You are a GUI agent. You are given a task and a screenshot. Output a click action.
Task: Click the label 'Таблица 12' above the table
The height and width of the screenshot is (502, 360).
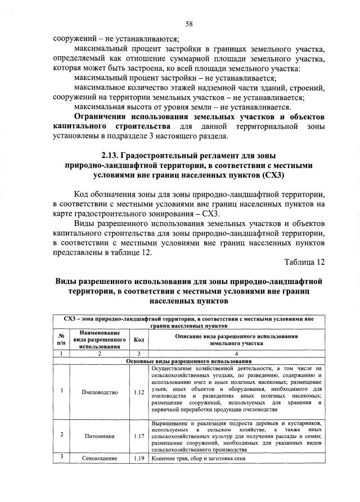tap(304, 262)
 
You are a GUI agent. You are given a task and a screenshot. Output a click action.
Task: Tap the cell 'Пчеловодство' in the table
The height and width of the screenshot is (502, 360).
tap(100, 391)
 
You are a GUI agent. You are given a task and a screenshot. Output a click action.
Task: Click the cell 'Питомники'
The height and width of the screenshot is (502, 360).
tap(100, 435)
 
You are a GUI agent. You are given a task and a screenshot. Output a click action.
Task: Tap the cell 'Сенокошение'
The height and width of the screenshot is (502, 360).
tap(100, 458)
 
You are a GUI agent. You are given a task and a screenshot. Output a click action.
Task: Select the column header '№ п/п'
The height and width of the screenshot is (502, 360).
tap(61, 339)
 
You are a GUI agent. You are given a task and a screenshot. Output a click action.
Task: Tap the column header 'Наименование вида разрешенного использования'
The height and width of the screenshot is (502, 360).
tap(99, 340)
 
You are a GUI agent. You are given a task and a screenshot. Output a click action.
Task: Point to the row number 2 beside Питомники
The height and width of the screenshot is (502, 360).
tap(61, 435)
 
